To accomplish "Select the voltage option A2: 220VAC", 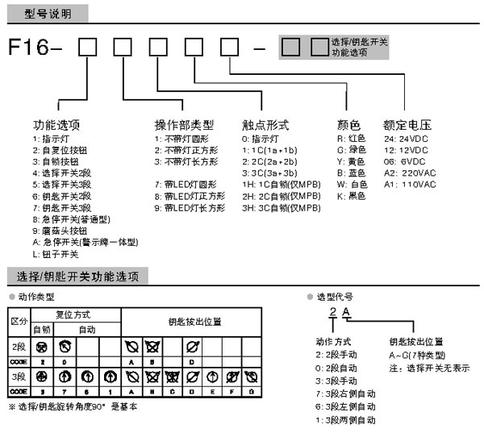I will coord(411,173).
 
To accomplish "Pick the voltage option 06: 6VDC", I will coord(404,161).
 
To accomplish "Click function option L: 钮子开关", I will coord(56,254).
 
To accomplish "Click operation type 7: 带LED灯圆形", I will coord(187,185).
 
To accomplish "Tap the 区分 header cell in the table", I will coord(18,321).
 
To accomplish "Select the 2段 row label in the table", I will coord(18,348).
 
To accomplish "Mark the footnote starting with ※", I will coord(73,406).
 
